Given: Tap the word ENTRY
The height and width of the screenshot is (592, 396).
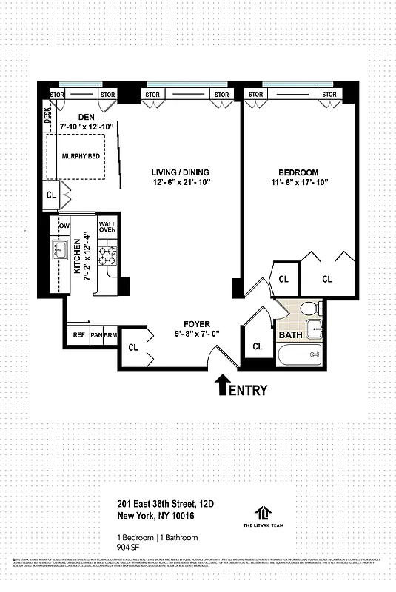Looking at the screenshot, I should pos(248,390).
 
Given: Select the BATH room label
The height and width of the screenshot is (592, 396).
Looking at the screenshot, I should pos(289,335).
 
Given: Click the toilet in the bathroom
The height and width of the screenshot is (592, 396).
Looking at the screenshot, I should pos(312,309).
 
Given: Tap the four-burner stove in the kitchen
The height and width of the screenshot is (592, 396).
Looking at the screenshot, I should pos(107,255).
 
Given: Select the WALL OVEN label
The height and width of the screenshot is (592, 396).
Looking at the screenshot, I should pos(107,226).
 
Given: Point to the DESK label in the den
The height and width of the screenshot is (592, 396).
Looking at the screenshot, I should pos(47,115).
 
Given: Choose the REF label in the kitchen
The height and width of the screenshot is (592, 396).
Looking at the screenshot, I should pos(78,335).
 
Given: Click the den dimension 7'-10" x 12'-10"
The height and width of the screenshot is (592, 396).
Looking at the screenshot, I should pos(87,127).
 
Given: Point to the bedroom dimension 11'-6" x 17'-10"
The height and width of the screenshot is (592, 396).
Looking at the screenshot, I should pos(299,182).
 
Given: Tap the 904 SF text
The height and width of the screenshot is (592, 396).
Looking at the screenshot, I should pos(129,548).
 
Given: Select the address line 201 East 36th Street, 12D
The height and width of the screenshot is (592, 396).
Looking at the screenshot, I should pos(166,503).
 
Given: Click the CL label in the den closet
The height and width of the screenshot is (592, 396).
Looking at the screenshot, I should pos(50,196).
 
